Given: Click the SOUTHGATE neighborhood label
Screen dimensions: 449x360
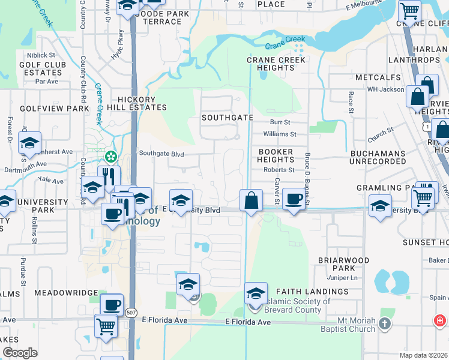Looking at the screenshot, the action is (227, 118).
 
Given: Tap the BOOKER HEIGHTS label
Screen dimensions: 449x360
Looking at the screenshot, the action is (276, 156).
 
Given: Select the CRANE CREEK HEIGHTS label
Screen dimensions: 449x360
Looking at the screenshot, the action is (277, 64).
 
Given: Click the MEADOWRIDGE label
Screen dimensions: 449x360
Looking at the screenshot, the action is (65, 293).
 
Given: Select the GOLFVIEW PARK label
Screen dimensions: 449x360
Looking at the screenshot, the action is (55, 109).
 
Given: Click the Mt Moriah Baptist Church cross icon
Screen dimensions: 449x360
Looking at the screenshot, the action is (385, 325).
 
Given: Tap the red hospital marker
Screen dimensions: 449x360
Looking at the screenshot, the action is (441, 321).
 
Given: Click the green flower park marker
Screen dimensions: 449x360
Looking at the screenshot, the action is (111, 157).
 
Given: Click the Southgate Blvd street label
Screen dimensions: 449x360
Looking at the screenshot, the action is (161, 154).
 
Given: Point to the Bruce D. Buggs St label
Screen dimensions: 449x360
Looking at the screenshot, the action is (307, 180).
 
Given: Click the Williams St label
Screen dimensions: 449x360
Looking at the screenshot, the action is (280, 134).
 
